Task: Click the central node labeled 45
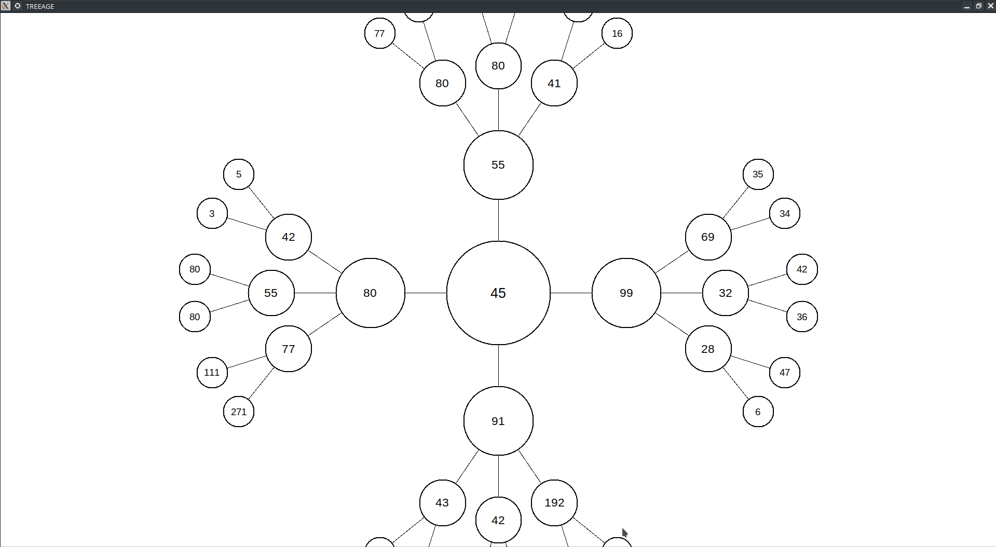(x=498, y=293)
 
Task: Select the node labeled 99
(x=626, y=293)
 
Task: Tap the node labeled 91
(x=498, y=421)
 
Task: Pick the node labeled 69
(x=708, y=237)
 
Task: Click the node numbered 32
(x=726, y=293)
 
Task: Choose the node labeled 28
(x=708, y=349)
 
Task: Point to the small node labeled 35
(x=758, y=174)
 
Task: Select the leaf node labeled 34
(x=785, y=213)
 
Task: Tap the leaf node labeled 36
(x=802, y=317)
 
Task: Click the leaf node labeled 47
(x=785, y=373)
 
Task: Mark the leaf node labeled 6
(x=758, y=412)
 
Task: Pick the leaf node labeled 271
(x=239, y=412)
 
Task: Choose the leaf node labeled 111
(x=212, y=373)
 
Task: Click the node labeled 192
(x=554, y=503)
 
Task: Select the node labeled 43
(x=442, y=503)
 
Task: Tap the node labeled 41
(x=554, y=83)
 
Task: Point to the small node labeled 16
(x=617, y=33)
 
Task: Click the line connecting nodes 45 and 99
(x=571, y=293)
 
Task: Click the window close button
(x=990, y=6)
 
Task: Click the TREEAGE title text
(x=40, y=6)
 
